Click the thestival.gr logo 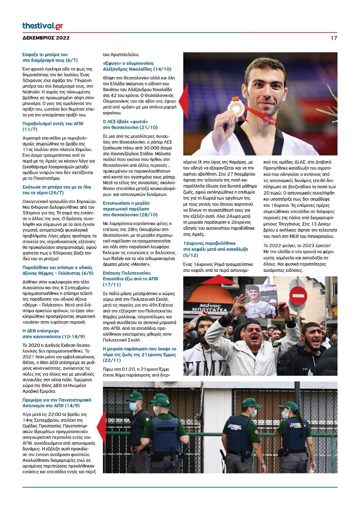(x=42, y=26)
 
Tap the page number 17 (x=334, y=38)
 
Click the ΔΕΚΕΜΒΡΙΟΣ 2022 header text (x=46, y=38)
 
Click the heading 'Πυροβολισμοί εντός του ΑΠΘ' (x=53, y=126)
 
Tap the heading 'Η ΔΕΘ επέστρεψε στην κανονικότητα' (x=54, y=334)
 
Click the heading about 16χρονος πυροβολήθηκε (x=215, y=249)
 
